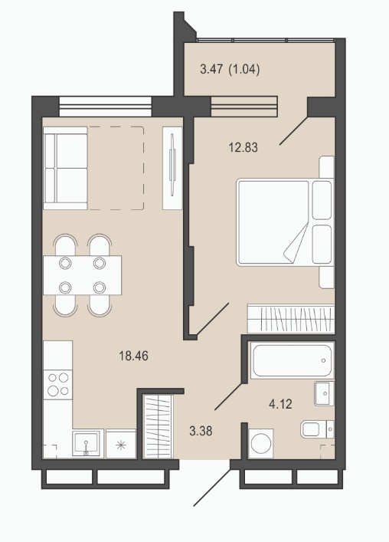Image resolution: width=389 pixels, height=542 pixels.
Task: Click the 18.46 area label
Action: point(133,356)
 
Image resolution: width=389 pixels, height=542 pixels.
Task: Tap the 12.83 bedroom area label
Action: point(243,148)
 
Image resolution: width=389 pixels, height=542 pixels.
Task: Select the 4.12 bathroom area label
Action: point(280,404)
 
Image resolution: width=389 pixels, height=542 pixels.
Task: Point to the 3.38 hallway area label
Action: point(201,431)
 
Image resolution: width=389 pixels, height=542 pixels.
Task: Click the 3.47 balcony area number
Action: point(211,70)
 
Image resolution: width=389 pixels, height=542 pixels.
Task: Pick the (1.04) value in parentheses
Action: point(244,70)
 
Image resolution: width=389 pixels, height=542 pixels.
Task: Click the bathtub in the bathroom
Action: point(292,360)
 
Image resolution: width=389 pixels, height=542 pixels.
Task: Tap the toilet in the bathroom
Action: point(317,429)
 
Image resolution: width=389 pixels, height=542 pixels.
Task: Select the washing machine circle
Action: point(260,443)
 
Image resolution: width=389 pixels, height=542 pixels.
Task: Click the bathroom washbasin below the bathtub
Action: point(324,393)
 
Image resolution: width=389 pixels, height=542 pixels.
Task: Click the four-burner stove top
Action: point(58,385)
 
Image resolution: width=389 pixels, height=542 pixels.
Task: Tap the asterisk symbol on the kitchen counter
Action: point(120,445)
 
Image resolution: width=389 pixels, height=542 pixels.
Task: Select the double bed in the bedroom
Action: point(285,222)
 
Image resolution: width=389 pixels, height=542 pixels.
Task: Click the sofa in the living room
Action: point(65,168)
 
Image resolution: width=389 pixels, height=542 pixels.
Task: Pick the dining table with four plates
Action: point(82,275)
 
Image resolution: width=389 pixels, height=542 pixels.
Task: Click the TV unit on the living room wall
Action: point(172,168)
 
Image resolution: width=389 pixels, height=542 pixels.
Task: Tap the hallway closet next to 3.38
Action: point(158,427)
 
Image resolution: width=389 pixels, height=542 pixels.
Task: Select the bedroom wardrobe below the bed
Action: point(291,318)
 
